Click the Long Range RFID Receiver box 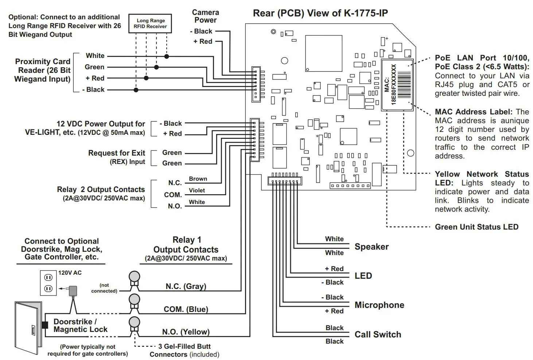tap(150, 23)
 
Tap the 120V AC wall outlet tap(48, 283)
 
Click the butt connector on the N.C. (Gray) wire tap(135, 280)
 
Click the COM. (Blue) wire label tap(186, 309)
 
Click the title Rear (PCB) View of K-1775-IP tap(320, 13)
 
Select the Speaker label tap(371, 247)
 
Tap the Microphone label tap(379, 305)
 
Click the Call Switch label tap(378, 334)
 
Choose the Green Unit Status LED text tap(476, 227)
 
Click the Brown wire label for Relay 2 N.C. tap(198, 179)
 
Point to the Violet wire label tap(197, 190)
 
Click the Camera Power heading tap(205, 16)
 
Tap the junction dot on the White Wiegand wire tap(167, 56)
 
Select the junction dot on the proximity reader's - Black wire tap(136, 90)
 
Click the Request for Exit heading tap(117, 153)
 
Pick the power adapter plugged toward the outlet tap(73, 291)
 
